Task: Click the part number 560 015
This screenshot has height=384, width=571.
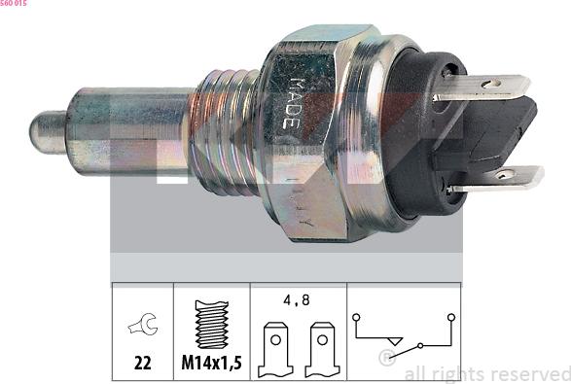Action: pyautogui.click(x=14, y=5)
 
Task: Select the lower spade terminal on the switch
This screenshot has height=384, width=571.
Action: pyautogui.click(x=501, y=177)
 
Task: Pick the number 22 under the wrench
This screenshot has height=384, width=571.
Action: pyautogui.click(x=142, y=364)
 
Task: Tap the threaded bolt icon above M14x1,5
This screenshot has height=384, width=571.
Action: pyautogui.click(x=211, y=324)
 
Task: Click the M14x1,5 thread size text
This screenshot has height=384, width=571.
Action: pyautogui.click(x=211, y=364)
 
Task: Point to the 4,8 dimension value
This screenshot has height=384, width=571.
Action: pyautogui.click(x=296, y=301)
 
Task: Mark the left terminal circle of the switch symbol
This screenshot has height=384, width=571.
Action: pyautogui.click(x=357, y=317)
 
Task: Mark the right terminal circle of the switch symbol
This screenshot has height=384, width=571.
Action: pyautogui.click(x=450, y=317)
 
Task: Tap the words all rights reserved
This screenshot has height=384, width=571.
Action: pyautogui.click(x=486, y=373)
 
